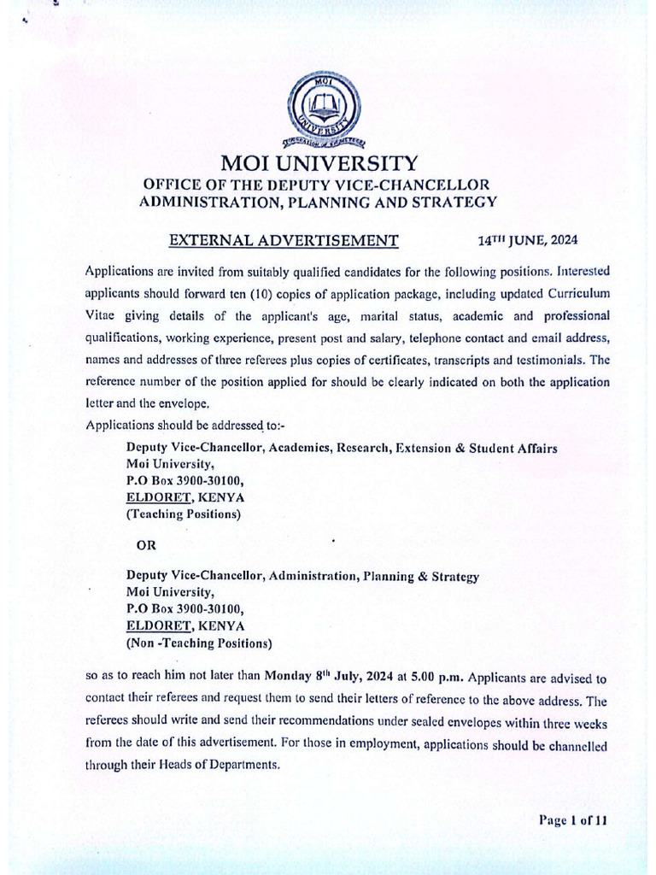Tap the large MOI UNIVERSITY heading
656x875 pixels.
(x=319, y=163)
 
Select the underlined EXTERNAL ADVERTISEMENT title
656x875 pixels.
(x=284, y=240)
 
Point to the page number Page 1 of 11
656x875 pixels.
(x=572, y=820)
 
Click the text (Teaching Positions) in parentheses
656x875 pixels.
(x=184, y=514)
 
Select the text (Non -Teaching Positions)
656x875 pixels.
(x=199, y=643)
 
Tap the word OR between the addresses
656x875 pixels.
(x=147, y=545)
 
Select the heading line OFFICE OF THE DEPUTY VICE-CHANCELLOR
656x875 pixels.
(x=317, y=185)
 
